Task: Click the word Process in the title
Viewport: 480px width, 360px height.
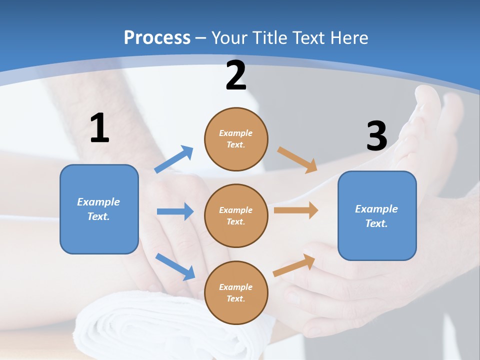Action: click(x=157, y=38)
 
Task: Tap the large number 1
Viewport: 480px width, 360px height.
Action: click(x=99, y=128)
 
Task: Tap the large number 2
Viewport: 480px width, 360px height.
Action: click(x=236, y=75)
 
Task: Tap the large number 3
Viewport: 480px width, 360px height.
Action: click(x=376, y=136)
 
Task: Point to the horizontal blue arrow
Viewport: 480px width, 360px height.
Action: click(x=175, y=211)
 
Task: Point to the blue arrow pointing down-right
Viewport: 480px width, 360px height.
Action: click(x=175, y=266)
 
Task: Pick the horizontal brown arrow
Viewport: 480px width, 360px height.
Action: click(x=296, y=210)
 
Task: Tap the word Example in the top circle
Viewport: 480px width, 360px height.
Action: click(x=236, y=133)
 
